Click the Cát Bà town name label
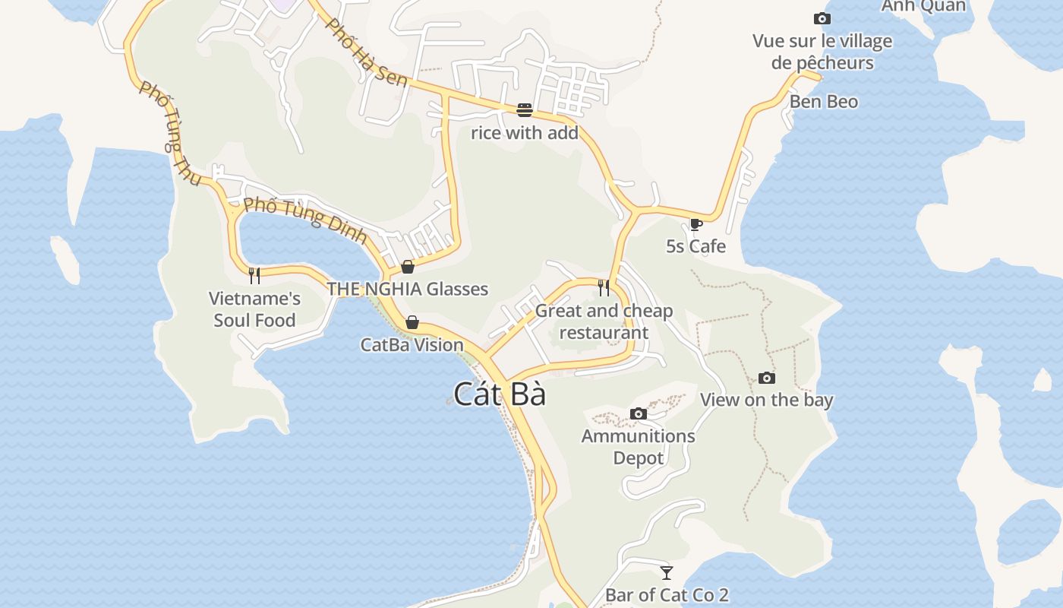click(500, 394)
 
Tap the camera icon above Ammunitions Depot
click(639, 413)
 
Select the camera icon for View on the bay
click(767, 378)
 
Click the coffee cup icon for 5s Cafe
click(696, 224)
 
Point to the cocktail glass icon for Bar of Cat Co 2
click(667, 572)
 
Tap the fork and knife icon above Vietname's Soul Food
click(254, 275)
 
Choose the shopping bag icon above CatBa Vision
click(412, 322)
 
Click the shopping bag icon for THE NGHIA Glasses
click(408, 267)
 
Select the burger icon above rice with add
click(524, 110)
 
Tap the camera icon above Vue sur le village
click(822, 19)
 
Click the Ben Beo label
click(824, 102)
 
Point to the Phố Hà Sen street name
click(366, 52)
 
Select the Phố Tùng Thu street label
click(170, 133)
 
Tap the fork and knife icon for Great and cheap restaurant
click(604, 287)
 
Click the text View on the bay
click(766, 401)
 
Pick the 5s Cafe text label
click(696, 246)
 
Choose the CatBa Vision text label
click(412, 345)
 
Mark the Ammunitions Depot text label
click(638, 447)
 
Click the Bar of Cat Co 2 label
click(667, 595)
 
